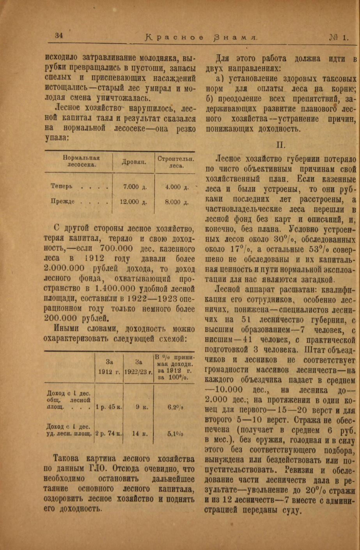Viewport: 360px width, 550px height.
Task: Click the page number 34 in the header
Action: point(59,35)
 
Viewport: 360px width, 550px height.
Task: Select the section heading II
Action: point(281,145)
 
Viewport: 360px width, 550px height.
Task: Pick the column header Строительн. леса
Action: point(176,162)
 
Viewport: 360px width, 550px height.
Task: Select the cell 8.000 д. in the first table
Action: point(176,202)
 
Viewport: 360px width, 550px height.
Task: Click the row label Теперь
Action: point(61,187)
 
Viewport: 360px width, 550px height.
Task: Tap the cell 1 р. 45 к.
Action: point(109,396)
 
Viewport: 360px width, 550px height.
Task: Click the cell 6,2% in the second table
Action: point(175,396)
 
